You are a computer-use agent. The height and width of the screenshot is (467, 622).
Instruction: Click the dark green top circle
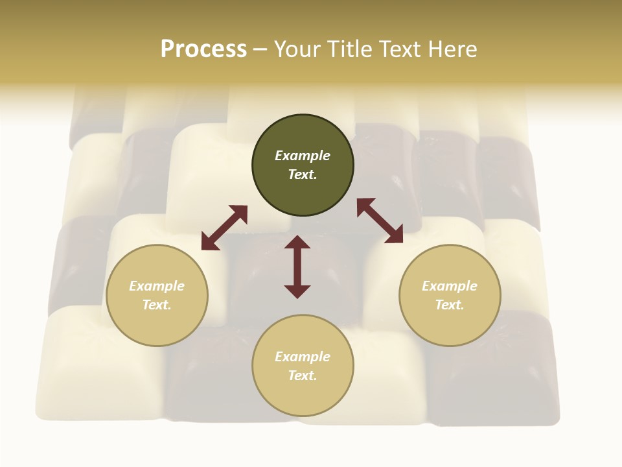coord(303,165)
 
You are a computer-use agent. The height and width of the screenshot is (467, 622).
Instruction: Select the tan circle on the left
coord(157,295)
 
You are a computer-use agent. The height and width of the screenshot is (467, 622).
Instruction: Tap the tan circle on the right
coord(450,295)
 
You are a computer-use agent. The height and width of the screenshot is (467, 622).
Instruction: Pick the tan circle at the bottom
coord(303,366)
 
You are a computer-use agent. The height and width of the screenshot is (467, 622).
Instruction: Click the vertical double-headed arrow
coord(297,267)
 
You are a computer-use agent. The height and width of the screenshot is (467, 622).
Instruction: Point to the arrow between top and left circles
coord(224,228)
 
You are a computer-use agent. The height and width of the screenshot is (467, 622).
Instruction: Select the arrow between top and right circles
coord(380,221)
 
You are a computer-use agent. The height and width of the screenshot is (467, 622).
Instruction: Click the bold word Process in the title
coord(203,49)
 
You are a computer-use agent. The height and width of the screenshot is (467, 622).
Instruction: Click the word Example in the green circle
coord(303,156)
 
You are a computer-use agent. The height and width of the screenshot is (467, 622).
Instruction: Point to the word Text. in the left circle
coord(157,305)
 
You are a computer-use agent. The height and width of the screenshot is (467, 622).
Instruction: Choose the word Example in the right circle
coord(450,286)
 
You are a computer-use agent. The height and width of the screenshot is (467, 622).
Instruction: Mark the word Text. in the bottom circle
coord(303,376)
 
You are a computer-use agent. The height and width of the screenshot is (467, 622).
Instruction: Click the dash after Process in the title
coord(260,49)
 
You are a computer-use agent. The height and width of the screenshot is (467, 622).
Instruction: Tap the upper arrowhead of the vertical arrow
coord(297,242)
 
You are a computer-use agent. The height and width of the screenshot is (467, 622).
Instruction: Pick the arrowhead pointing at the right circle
coord(395,235)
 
